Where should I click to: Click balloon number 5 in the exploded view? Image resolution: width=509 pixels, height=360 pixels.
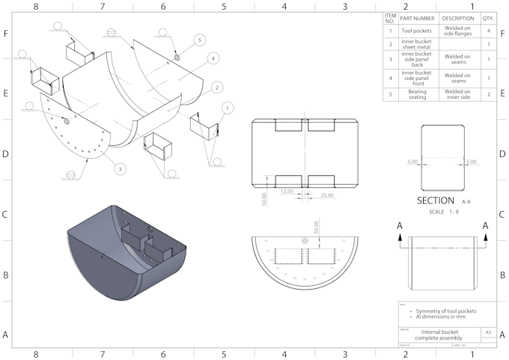point(199,39)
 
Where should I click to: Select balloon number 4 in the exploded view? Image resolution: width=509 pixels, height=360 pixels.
point(213,58)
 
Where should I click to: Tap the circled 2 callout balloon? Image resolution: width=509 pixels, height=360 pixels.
point(216,88)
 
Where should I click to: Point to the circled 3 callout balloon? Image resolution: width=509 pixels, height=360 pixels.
point(119,169)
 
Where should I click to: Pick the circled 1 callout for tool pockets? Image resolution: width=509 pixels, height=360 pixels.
point(226,108)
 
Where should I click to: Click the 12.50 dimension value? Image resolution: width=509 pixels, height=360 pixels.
point(285,191)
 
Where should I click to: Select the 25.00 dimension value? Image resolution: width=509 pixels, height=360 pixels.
point(326,195)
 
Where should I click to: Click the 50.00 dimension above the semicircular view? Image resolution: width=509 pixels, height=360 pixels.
point(317,226)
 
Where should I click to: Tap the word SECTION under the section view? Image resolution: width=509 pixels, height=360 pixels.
point(436,201)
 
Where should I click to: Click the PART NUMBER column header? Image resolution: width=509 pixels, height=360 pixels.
point(417,18)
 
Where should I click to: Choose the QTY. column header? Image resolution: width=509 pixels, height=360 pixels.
point(488,18)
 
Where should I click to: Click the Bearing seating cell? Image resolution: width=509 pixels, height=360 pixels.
point(417,94)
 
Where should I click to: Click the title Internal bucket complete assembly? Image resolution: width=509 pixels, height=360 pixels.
point(438,335)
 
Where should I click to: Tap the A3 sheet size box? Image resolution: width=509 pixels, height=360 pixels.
point(488,332)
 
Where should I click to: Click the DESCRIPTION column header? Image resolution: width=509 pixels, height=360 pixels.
point(457,18)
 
